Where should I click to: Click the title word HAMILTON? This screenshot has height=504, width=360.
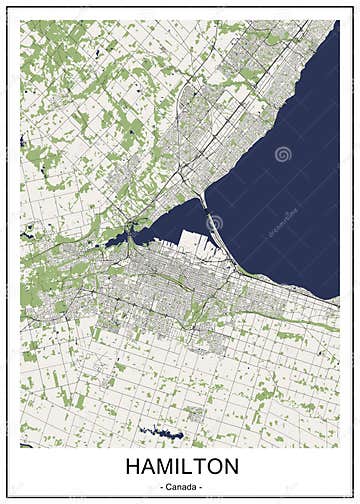pyautogui.click(x=181, y=466)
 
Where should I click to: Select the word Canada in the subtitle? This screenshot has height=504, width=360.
pyautogui.click(x=181, y=487)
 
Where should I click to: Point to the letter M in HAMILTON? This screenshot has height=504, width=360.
pyautogui.click(x=162, y=466)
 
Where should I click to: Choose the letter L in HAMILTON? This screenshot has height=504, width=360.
pyautogui.click(x=184, y=466)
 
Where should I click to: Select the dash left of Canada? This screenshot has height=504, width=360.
pyautogui.click(x=160, y=487)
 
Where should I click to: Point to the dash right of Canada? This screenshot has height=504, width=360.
pyautogui.click(x=202, y=487)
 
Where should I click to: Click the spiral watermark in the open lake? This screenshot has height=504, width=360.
pyautogui.click(x=283, y=155)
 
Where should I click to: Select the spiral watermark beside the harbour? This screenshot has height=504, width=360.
pyautogui.click(x=214, y=222)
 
